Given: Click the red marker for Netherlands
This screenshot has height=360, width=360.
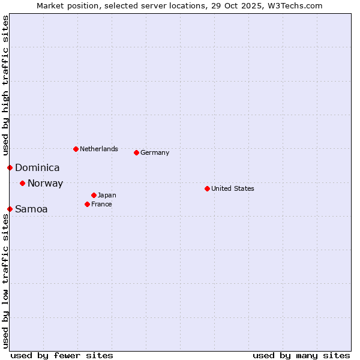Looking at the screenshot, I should pyautogui.click(x=76, y=149).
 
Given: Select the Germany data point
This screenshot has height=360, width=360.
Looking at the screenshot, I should pyautogui.click(x=136, y=152).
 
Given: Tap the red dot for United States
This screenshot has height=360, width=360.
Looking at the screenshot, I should pyautogui.click(x=207, y=188).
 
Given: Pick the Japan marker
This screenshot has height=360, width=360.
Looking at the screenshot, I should pyautogui.click(x=94, y=195).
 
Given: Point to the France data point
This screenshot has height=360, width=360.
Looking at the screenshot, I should pyautogui.click(x=87, y=204).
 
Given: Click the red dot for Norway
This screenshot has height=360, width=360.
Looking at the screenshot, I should pyautogui.click(x=22, y=183).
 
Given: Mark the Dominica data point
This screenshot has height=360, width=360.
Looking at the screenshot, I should pyautogui.click(x=10, y=167).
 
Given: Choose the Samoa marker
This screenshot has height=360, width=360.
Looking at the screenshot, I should pyautogui.click(x=10, y=209).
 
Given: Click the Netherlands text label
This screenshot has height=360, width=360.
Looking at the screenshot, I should pyautogui.click(x=99, y=149).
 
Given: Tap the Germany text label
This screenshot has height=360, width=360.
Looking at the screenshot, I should pyautogui.click(x=155, y=152).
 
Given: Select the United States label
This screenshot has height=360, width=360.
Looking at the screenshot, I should pyautogui.click(x=233, y=188).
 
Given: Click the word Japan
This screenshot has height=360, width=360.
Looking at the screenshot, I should pyautogui.click(x=107, y=195).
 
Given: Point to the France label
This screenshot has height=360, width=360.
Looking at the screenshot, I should pyautogui.click(x=101, y=204).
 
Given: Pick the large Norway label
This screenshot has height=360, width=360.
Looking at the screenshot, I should pyautogui.click(x=45, y=184).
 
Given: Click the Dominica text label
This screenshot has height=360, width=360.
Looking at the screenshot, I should pyautogui.click(x=37, y=168).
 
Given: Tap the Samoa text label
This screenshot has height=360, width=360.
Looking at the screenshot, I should pyautogui.click(x=31, y=209).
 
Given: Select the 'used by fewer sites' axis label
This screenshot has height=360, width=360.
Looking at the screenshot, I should pyautogui.click(x=62, y=355).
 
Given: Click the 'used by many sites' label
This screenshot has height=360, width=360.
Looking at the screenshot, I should pyautogui.click(x=301, y=355).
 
